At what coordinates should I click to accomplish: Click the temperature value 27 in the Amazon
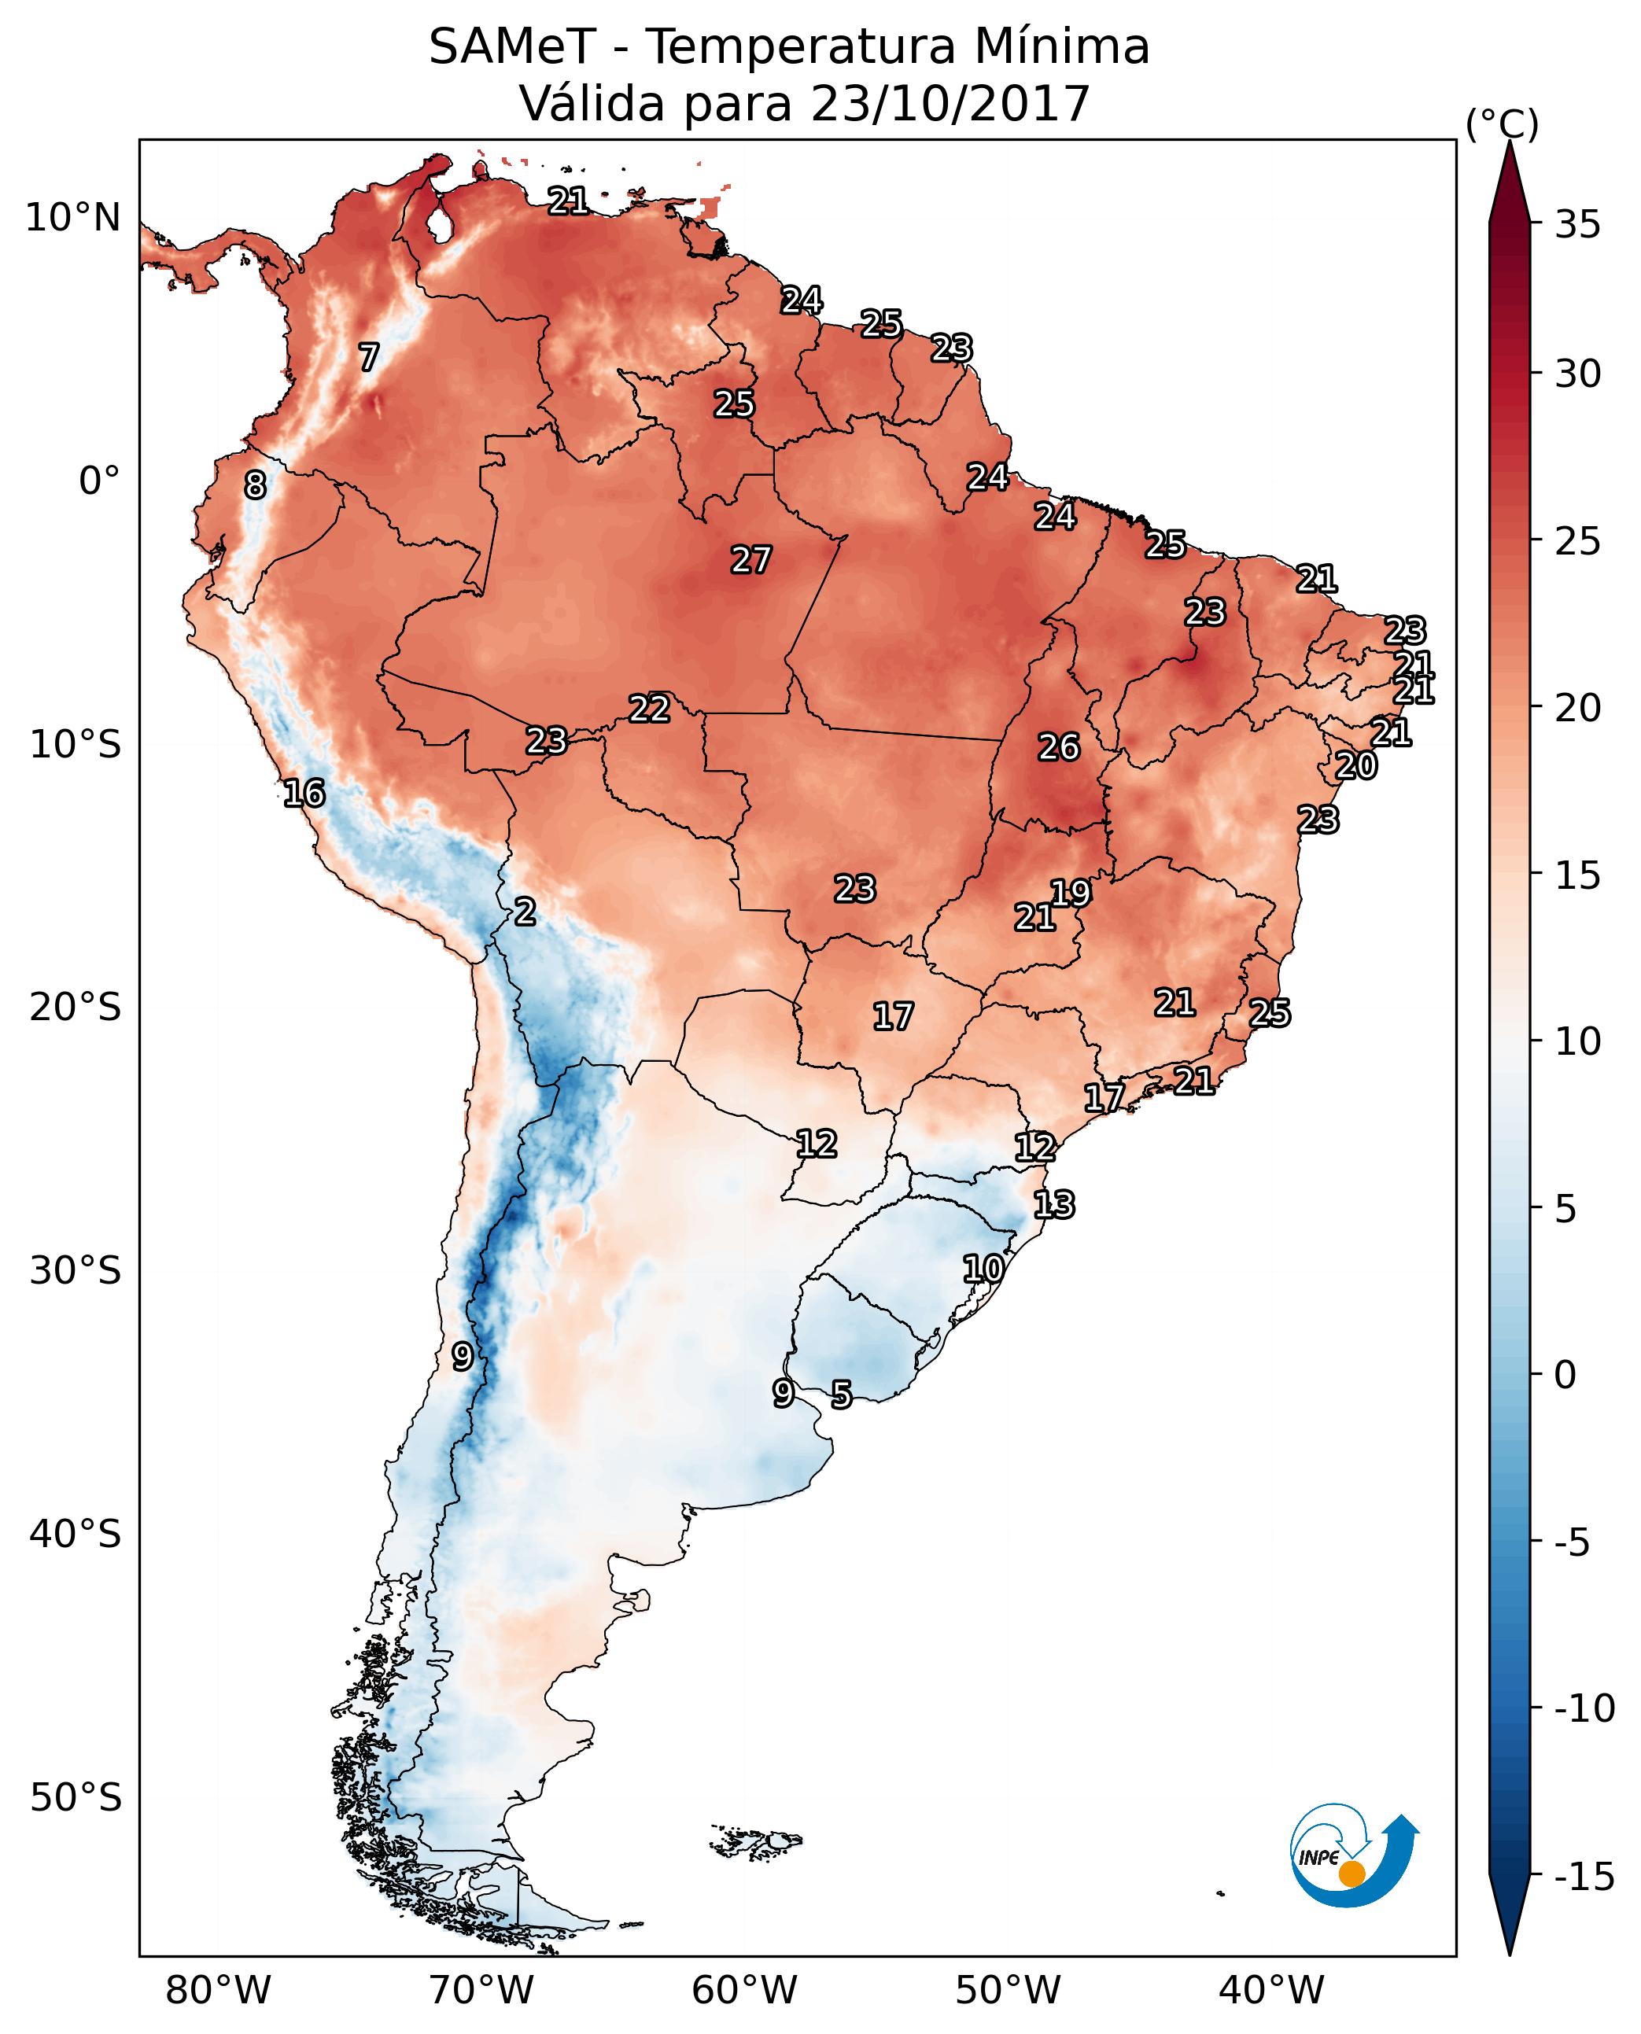pyautogui.click(x=751, y=559)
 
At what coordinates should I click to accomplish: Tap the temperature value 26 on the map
pyautogui.click(x=1059, y=748)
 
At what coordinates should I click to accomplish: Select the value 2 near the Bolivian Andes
pyautogui.click(x=525, y=912)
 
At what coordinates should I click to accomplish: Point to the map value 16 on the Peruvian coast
pyautogui.click(x=304, y=793)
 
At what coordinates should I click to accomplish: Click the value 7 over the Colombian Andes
pyautogui.click(x=369, y=357)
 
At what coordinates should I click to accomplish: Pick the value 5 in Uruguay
pyautogui.click(x=841, y=1395)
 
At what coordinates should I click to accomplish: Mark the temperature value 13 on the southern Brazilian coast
pyautogui.click(x=1054, y=1205)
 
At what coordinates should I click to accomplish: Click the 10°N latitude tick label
pyautogui.click(x=73, y=219)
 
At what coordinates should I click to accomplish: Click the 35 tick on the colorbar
pyautogui.click(x=1577, y=225)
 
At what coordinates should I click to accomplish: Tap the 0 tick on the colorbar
pyautogui.click(x=1565, y=1375)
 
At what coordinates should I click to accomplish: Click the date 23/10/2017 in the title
pyautogui.click(x=950, y=104)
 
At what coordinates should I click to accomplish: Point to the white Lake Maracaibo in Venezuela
pyautogui.click(x=440, y=225)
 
